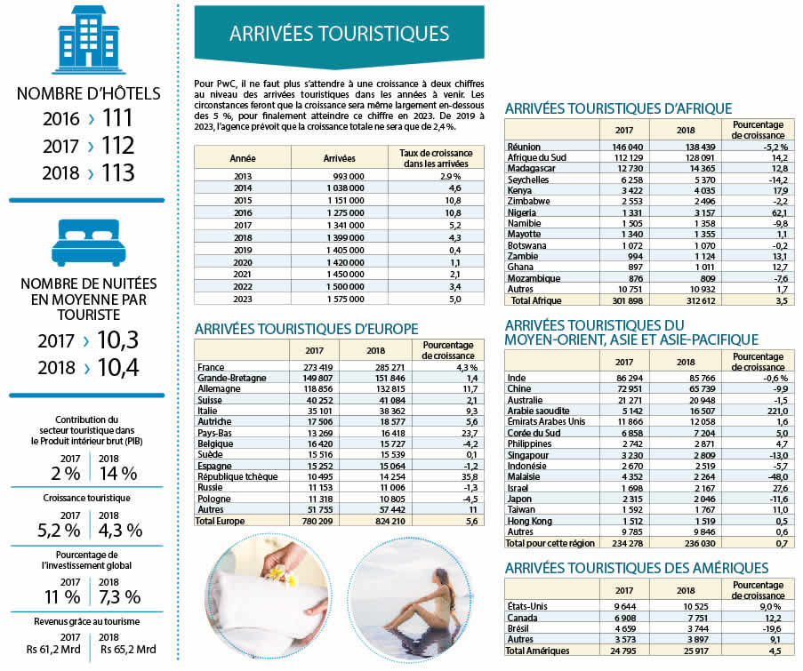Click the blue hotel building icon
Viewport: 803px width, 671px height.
[87, 39]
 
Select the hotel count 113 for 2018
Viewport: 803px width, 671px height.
[117, 172]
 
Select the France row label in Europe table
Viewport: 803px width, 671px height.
[212, 366]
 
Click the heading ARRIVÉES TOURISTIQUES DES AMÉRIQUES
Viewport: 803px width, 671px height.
[636, 568]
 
